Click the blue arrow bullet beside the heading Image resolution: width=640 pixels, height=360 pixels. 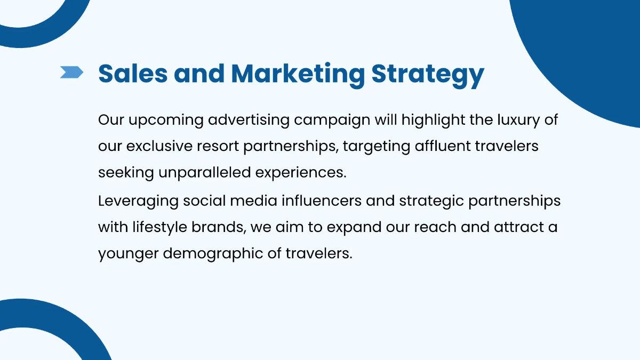[71, 72]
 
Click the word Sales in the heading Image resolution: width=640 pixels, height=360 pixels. [133, 74]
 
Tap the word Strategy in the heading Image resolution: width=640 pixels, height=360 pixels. [428, 75]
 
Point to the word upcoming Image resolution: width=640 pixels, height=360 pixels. [166, 121]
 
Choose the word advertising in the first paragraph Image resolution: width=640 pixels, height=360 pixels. [249, 120]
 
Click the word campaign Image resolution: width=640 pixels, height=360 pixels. [332, 121]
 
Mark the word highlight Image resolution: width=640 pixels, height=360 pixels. [434, 120]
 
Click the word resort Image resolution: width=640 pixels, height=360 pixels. [218, 147]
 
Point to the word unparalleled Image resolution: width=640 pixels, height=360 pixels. [205, 173]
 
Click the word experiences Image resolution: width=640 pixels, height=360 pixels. [301, 173]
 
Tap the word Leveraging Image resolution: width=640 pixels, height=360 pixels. [138, 201]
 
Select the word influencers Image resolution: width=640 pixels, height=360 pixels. [322, 201]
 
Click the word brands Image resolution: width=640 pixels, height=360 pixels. [219, 227]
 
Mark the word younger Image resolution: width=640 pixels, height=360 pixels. [129, 254]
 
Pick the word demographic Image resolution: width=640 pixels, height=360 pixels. [213, 254]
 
